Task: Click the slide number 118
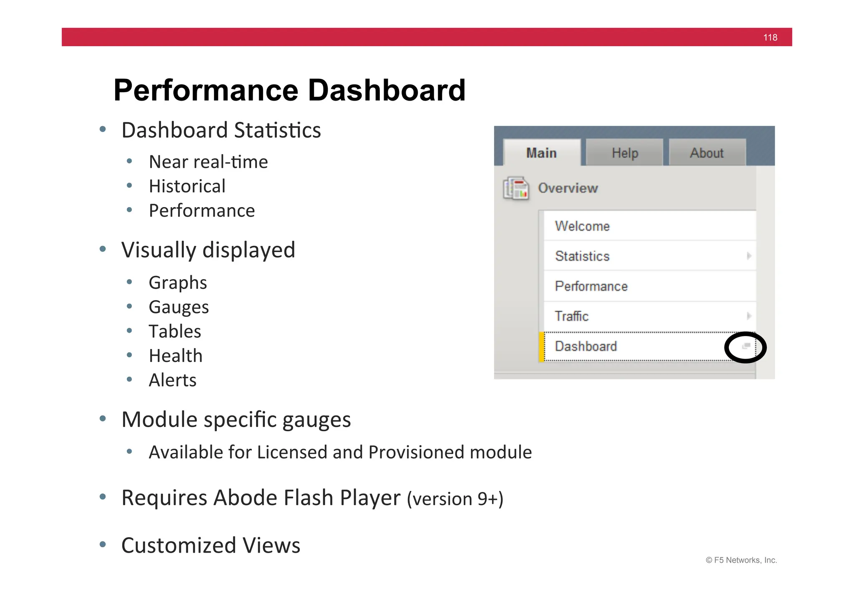pos(770,38)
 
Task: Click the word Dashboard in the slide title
pos(386,90)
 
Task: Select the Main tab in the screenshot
pos(541,153)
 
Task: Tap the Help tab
pos(625,153)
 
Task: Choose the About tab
pos(706,153)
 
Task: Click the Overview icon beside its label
pos(516,188)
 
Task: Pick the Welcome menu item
pos(582,226)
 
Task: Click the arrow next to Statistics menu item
pos(749,256)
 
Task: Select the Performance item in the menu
pos(591,286)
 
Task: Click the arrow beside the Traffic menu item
pos(749,316)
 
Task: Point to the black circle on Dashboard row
pos(745,347)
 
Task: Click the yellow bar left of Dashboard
pos(541,346)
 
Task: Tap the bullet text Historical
pos(187,186)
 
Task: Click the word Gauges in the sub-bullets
pos(178,307)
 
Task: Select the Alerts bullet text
pos(172,380)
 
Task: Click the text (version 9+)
pos(455,499)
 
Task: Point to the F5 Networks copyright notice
pos(741,560)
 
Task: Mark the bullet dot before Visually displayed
pos(103,250)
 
